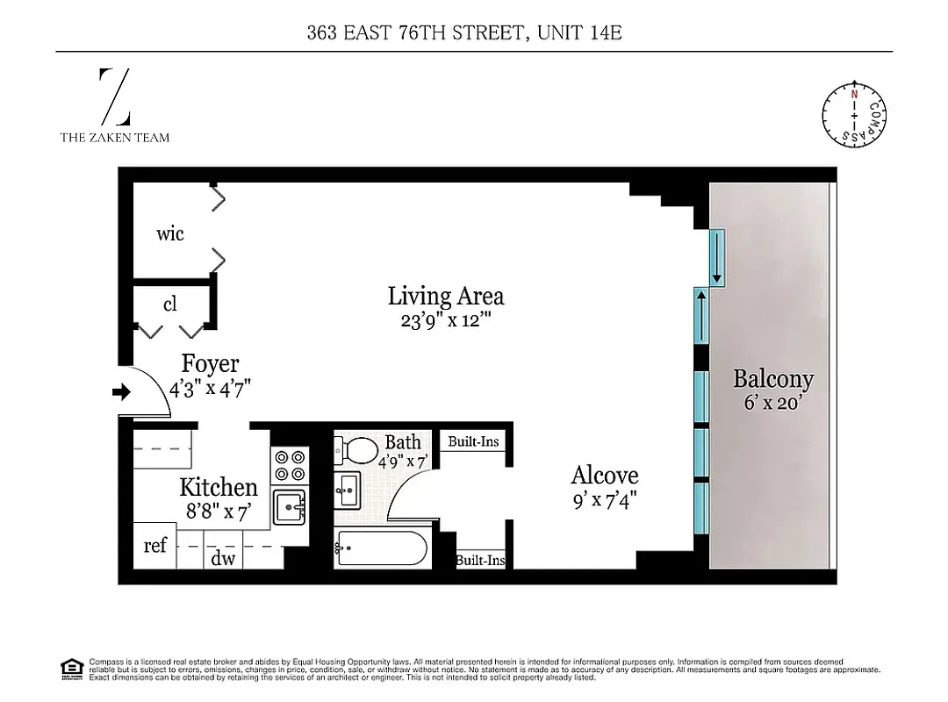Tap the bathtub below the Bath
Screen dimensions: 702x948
coord(381,549)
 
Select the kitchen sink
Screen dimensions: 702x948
coord(289,507)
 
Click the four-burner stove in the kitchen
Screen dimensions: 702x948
coord(289,465)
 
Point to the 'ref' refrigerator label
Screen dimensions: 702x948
coord(155,545)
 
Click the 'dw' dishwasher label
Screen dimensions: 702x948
coord(223,557)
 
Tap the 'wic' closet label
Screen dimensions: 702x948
coord(170,233)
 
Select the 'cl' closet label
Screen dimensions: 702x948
coord(170,304)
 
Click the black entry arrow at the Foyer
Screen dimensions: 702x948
coord(120,392)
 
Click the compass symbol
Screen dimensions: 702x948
coord(852,117)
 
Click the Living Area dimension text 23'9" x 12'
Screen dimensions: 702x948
coord(446,320)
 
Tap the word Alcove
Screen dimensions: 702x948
coord(605,475)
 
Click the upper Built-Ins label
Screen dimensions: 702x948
coord(473,441)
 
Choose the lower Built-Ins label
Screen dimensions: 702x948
coord(480,559)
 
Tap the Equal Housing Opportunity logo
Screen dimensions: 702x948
coord(71,669)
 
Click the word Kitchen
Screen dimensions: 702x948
coord(219,487)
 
